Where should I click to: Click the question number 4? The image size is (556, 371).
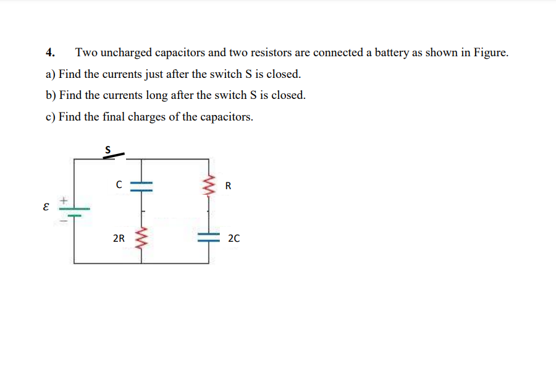[x=51, y=53]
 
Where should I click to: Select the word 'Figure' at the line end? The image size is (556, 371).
[x=491, y=53]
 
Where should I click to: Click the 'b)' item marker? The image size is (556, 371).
[x=51, y=96]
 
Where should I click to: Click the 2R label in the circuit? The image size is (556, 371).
[x=119, y=237]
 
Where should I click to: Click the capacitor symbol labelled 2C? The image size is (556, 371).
[x=208, y=237]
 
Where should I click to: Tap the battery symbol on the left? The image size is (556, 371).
[x=74, y=210]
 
